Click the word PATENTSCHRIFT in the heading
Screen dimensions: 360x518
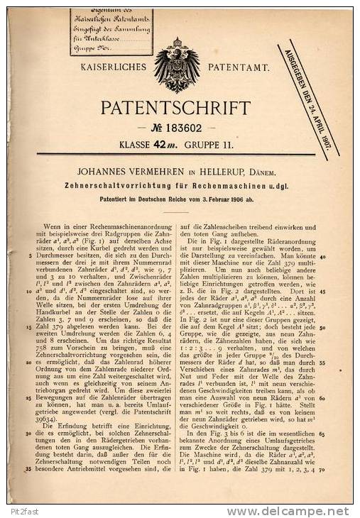[175, 108]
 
